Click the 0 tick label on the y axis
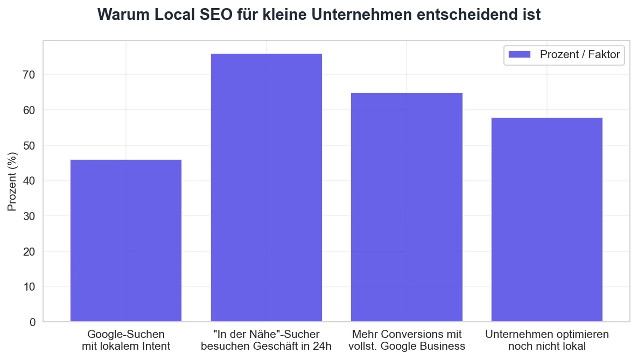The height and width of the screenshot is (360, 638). point(32,322)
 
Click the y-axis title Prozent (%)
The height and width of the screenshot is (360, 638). point(12,181)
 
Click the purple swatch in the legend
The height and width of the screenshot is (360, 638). point(520,54)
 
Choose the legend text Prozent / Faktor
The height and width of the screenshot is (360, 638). point(580,54)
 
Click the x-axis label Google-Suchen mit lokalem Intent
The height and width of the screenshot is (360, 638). point(126,340)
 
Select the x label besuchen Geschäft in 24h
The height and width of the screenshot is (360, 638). point(266,345)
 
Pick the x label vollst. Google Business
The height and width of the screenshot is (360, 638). point(406,345)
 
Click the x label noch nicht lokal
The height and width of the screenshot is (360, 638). point(546,345)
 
